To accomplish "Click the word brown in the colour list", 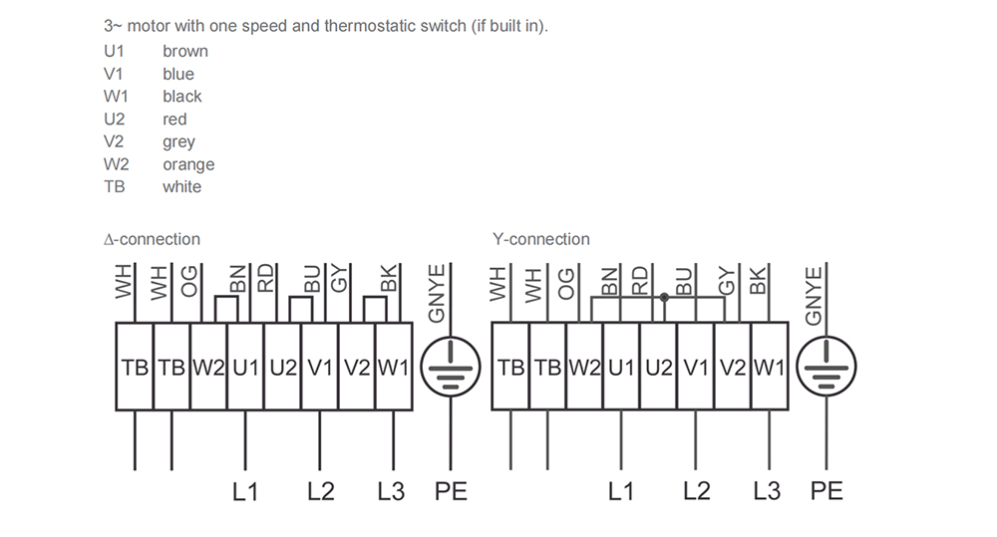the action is click(x=185, y=51).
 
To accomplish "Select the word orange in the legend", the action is click(x=188, y=164).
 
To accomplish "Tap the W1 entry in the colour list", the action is click(x=116, y=96).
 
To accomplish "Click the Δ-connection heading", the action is click(x=152, y=239).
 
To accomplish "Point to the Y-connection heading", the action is click(x=541, y=239).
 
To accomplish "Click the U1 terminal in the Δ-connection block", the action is click(x=245, y=367).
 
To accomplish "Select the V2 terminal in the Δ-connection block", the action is click(x=357, y=367).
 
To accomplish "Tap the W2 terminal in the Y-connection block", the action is click(x=584, y=367).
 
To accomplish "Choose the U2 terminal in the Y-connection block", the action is click(x=658, y=367).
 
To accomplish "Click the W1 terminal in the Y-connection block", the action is click(x=770, y=367).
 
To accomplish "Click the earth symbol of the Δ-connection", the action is click(x=451, y=367).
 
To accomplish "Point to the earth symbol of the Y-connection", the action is click(x=827, y=367).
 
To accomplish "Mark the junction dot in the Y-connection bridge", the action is click(x=664, y=297).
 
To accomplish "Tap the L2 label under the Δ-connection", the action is click(x=320, y=491).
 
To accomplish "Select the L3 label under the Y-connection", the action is click(x=767, y=491).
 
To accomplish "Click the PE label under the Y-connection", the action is click(x=827, y=491).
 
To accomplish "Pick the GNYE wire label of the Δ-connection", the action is click(x=437, y=294).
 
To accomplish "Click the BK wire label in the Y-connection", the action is click(x=758, y=280).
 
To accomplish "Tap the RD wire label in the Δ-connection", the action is click(x=265, y=278).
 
